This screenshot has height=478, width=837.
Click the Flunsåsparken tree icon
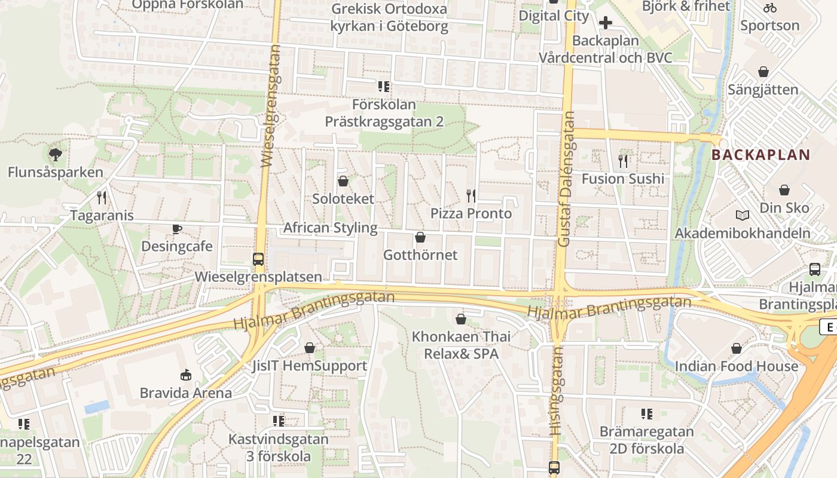tap(55, 155)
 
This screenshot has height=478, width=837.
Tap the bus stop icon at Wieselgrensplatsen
tap(258, 259)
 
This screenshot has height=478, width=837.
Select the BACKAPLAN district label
tap(760, 155)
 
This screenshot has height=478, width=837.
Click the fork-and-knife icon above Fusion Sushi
tap(623, 161)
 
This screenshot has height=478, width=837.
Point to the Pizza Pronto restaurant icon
tap(471, 195)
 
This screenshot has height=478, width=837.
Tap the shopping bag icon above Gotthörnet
tap(420, 237)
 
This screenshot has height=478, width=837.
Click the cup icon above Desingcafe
tap(177, 229)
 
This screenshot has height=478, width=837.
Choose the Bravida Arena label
tap(185, 393)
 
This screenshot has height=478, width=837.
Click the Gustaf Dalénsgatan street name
tap(566, 179)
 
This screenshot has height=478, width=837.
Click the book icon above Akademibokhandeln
tap(743, 215)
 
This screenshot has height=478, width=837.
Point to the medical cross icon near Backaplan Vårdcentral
tap(606, 23)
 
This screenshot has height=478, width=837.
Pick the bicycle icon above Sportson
tap(770, 8)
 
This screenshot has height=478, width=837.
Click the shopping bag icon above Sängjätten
tap(763, 72)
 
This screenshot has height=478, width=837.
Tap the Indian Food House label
tap(737, 366)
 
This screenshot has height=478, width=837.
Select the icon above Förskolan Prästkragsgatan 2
tap(384, 87)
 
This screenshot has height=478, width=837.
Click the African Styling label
tap(330, 228)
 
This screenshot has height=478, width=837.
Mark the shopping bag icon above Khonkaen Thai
tap(460, 319)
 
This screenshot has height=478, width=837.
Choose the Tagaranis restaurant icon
tap(102, 197)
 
